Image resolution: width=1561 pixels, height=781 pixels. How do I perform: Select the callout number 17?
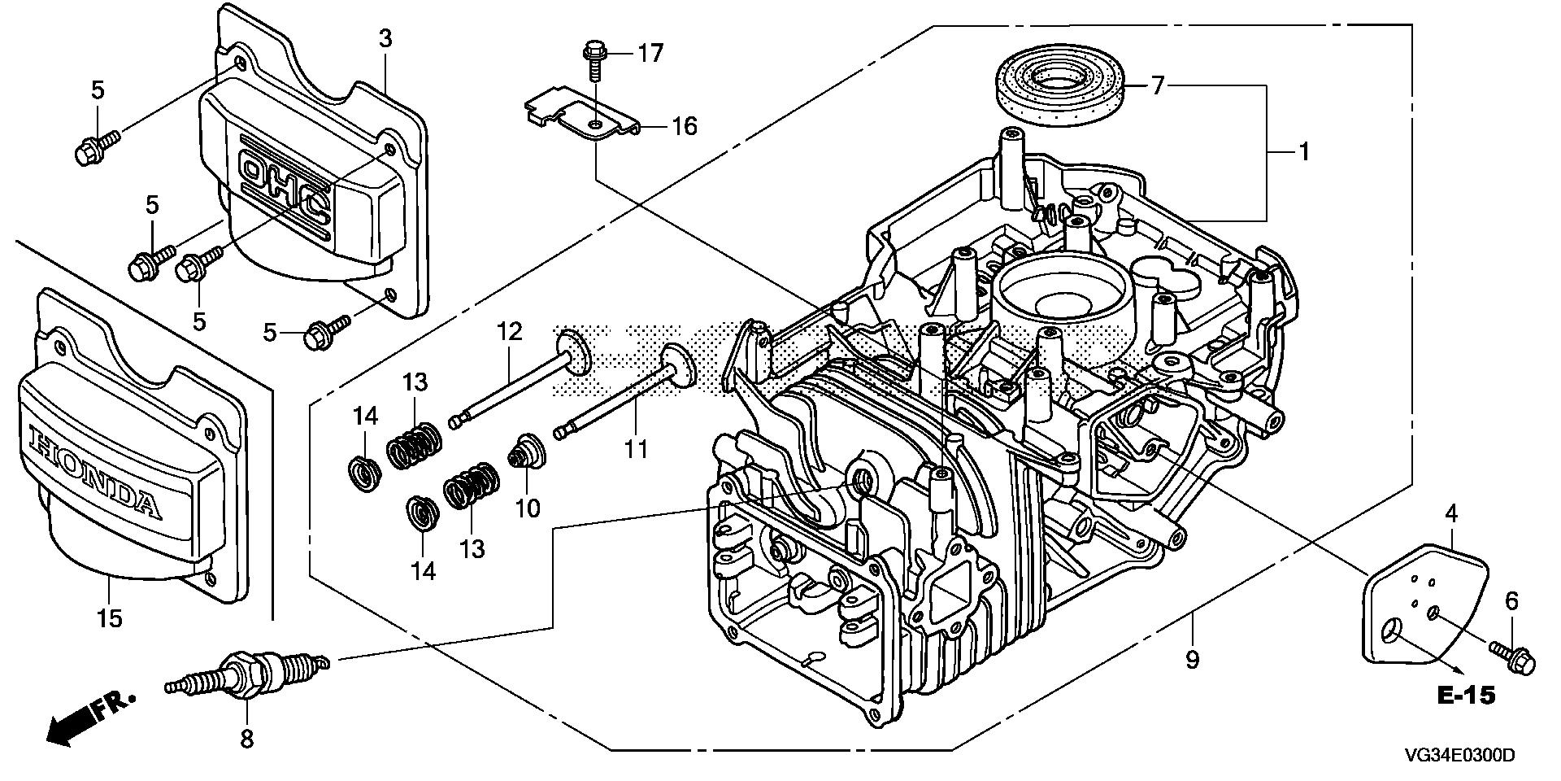coord(650,54)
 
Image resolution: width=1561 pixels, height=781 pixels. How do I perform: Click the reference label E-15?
coord(1466,696)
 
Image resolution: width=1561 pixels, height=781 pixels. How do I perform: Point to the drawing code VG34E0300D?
coord(1459,756)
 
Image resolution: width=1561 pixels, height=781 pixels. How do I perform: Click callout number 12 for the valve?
coord(509,332)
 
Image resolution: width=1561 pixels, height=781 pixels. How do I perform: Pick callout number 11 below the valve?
coord(636,448)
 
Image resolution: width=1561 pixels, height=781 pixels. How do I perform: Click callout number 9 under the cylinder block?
coord(1192,659)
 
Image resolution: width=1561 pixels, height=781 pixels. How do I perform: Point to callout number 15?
coord(110,618)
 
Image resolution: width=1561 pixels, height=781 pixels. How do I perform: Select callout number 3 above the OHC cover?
coord(385,38)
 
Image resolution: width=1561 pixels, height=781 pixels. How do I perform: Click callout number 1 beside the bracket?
coord(1303,152)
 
